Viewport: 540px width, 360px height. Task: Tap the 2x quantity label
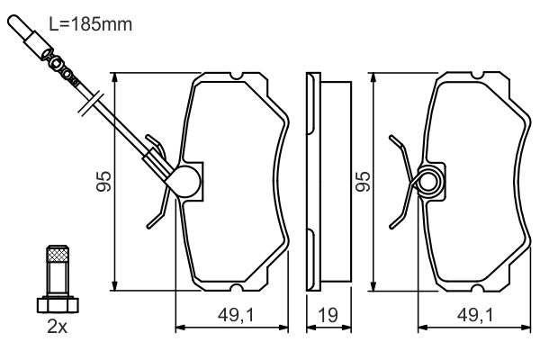point(57,327)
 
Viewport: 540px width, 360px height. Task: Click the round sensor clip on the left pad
point(187,182)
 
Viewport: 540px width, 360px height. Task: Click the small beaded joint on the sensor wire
point(67,68)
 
